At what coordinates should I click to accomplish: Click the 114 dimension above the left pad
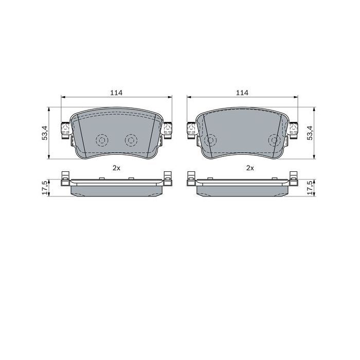tap(116, 93)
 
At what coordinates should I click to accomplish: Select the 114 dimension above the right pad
tap(242, 93)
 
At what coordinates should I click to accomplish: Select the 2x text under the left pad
tap(116, 168)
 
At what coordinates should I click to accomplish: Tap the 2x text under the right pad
tap(250, 168)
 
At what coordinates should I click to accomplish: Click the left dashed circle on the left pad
tap(101, 140)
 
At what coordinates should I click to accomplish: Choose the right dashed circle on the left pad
tap(131, 140)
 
